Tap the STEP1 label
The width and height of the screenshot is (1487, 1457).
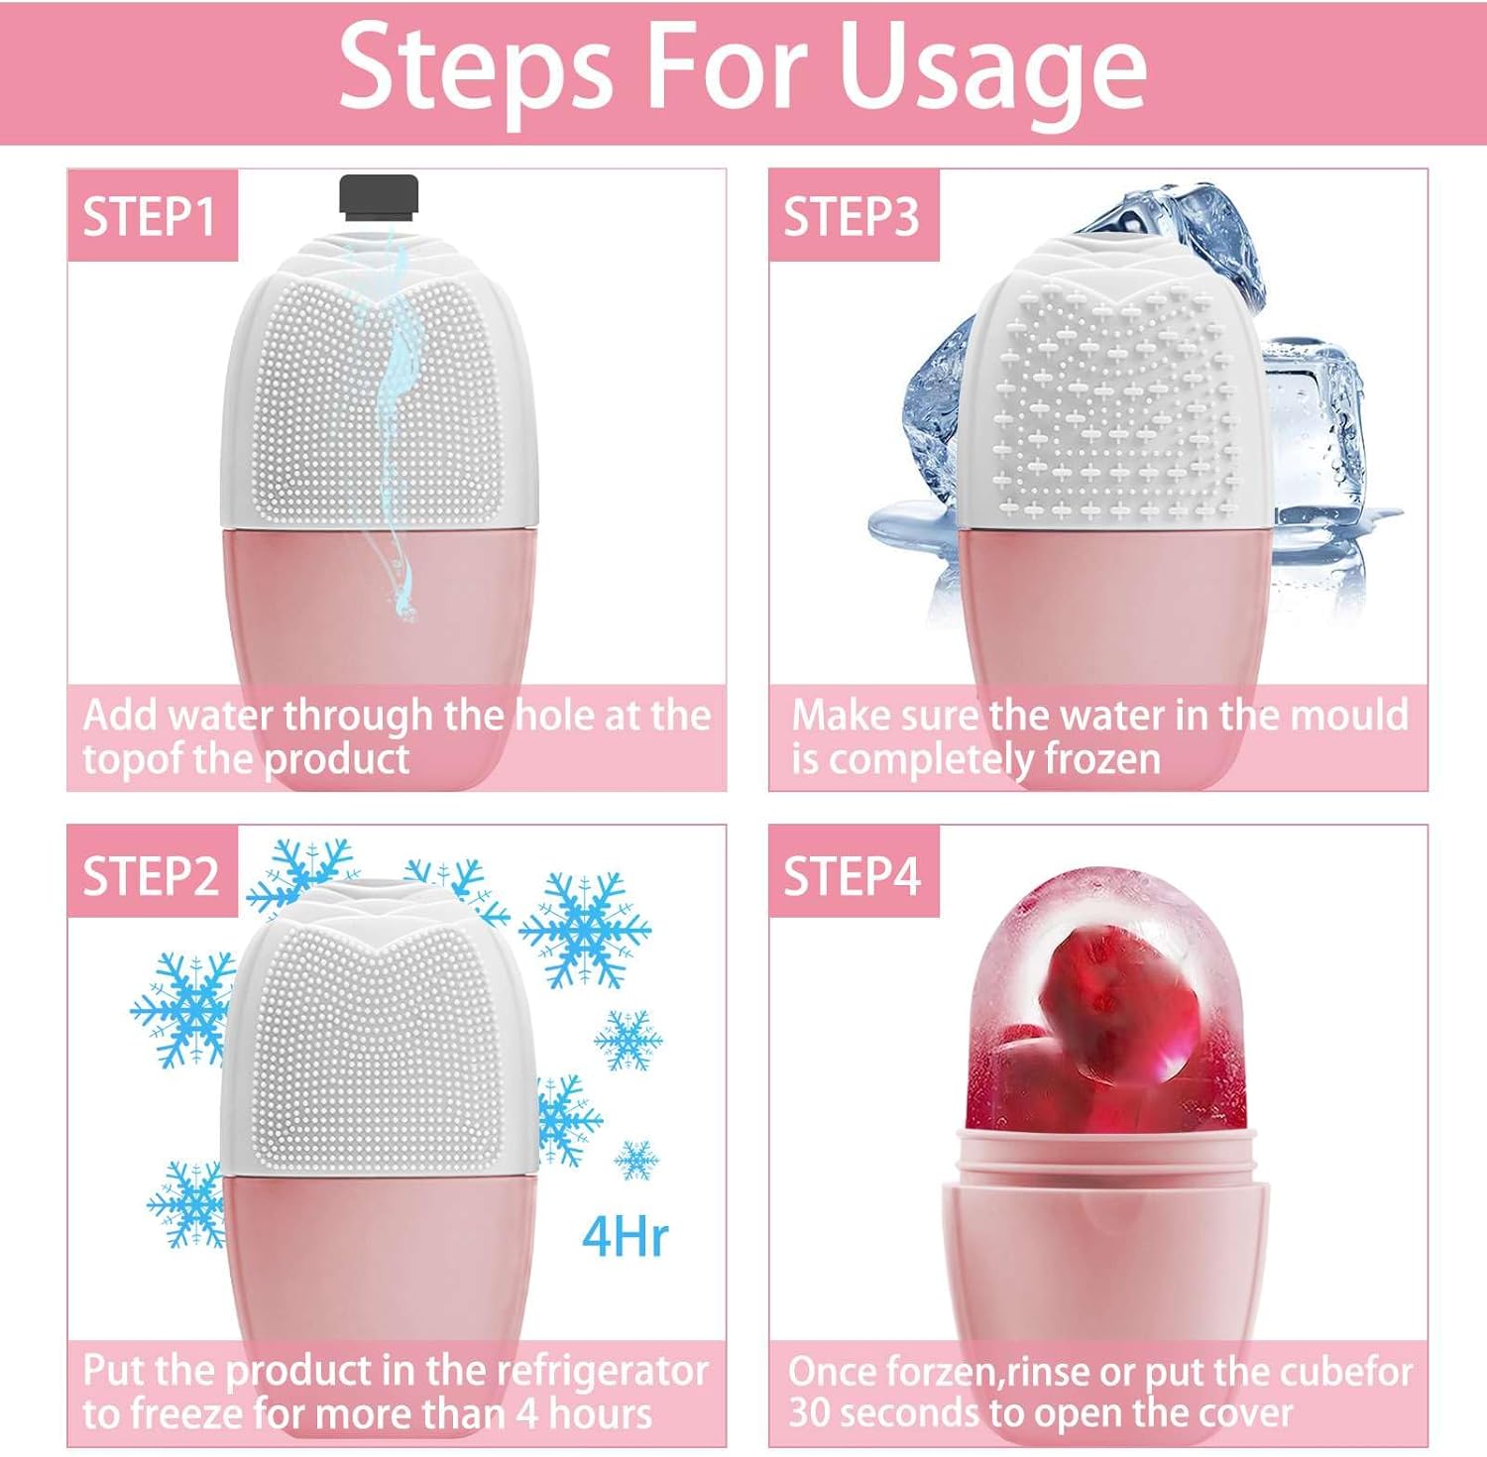click(150, 216)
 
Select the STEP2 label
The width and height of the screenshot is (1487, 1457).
click(151, 876)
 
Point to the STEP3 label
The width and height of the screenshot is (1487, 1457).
click(852, 216)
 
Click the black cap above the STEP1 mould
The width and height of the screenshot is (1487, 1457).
click(380, 195)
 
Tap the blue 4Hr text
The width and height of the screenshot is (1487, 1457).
click(625, 1236)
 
